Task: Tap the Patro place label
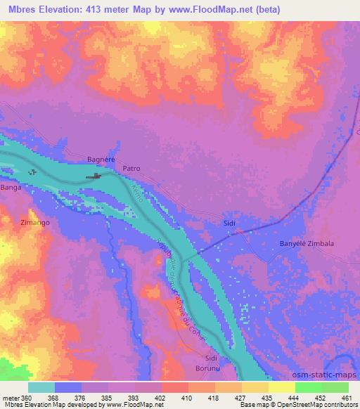click(x=132, y=169)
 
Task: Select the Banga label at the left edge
click(x=11, y=188)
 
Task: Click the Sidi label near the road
click(x=229, y=223)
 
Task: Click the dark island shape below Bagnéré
click(x=93, y=176)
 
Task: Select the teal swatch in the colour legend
click(x=41, y=387)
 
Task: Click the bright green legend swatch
click(x=335, y=387)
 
